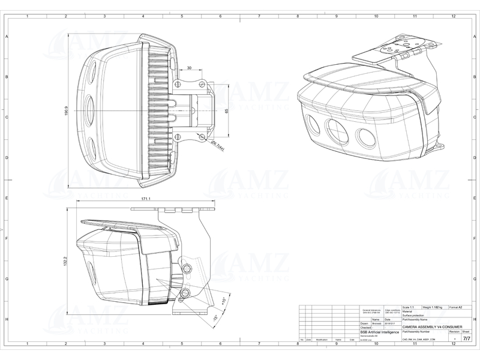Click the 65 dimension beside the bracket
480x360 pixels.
(227, 111)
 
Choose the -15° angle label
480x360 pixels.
(214, 318)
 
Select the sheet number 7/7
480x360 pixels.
(466, 338)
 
